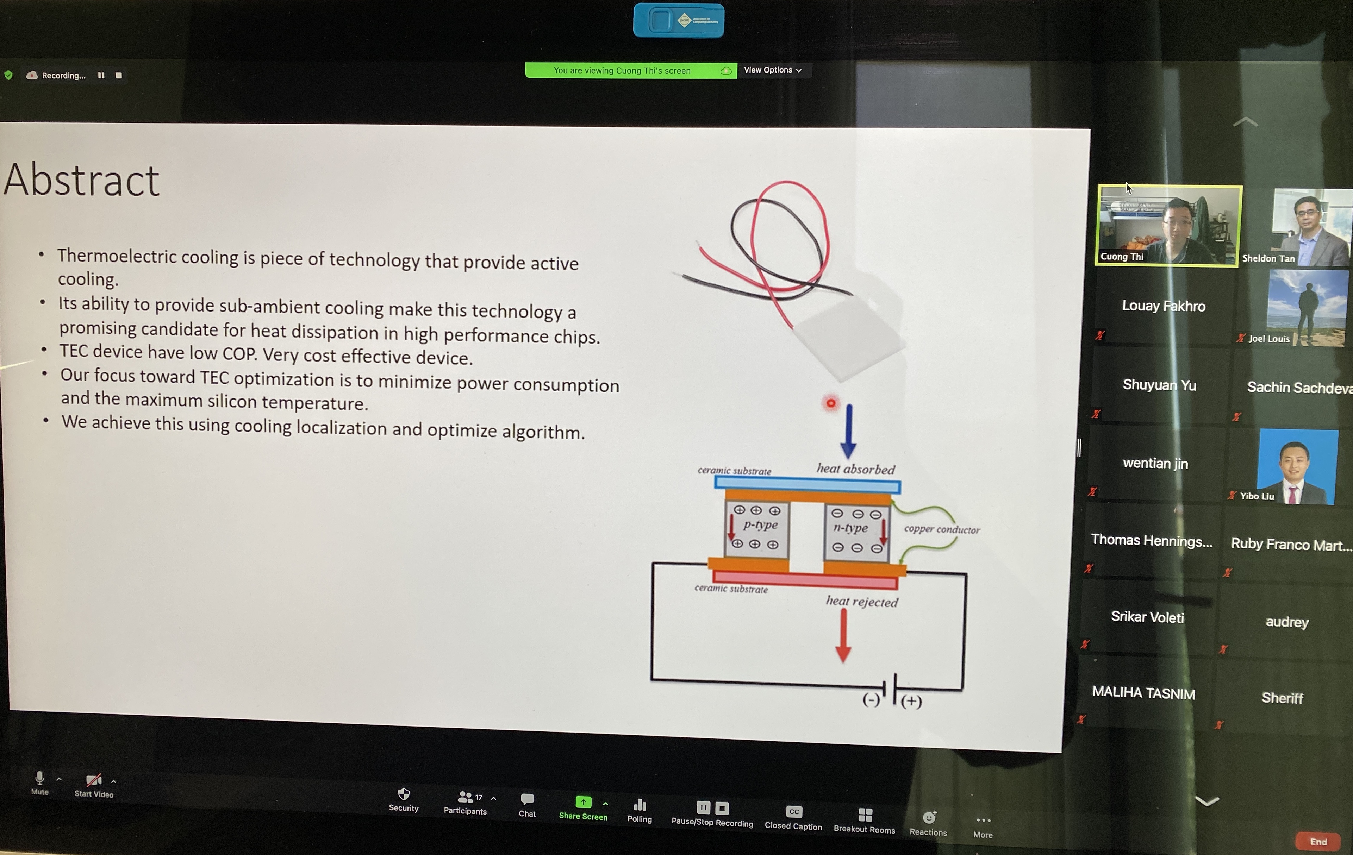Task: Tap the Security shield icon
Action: pos(404,794)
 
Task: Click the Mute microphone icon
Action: pos(39,778)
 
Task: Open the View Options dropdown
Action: pos(773,70)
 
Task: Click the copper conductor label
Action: pos(942,529)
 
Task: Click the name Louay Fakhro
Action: pos(1164,306)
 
